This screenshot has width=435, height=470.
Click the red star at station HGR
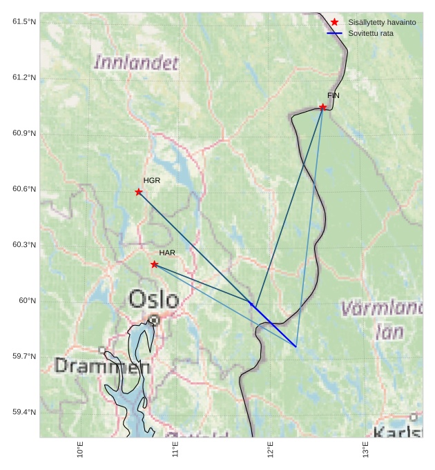tap(139, 192)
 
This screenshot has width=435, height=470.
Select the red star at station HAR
tap(155, 264)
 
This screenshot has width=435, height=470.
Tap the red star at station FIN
tap(323, 107)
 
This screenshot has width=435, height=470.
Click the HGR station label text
tap(152, 180)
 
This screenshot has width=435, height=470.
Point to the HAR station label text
tap(167, 253)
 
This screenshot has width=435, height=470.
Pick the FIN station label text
tap(333, 95)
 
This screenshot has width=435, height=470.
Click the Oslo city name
tap(154, 300)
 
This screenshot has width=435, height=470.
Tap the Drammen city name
tap(102, 366)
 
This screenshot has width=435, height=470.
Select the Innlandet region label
tap(136, 63)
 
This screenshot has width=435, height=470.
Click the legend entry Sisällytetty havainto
tap(382, 22)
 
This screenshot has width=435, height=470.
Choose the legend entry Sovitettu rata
tap(371, 33)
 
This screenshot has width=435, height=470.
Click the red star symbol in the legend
tap(335, 22)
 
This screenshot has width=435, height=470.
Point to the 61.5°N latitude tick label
tap(24, 21)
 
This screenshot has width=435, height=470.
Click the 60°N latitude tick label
tap(27, 300)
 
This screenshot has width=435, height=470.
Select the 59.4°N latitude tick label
tap(24, 412)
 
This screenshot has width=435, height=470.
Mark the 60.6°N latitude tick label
tap(24, 189)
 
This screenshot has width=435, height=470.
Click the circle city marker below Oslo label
tap(155, 320)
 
